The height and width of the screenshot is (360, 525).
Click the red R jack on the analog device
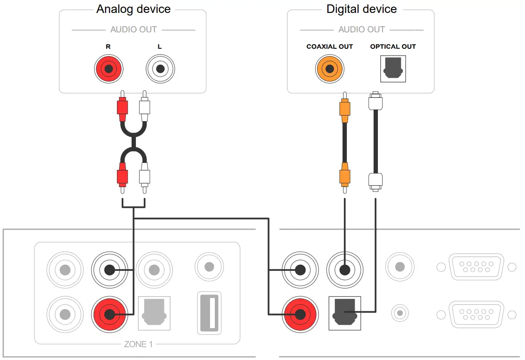pyautogui.click(x=109, y=69)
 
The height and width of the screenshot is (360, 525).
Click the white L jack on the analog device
pyautogui.click(x=160, y=69)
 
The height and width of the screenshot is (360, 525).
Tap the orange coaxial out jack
pyautogui.click(x=330, y=69)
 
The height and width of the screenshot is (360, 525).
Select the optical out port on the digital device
pyautogui.click(x=393, y=69)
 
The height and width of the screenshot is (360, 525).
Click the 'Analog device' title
pyautogui.click(x=133, y=9)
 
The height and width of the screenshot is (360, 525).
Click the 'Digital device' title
pyautogui.click(x=362, y=9)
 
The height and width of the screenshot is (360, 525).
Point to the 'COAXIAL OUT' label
pyautogui.click(x=330, y=47)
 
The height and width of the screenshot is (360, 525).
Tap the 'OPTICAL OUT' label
pyautogui.click(x=393, y=47)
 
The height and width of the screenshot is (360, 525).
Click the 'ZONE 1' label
pyautogui.click(x=138, y=344)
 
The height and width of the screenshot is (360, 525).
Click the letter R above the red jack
pyautogui.click(x=108, y=47)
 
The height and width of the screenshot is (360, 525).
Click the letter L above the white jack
pyautogui.click(x=160, y=47)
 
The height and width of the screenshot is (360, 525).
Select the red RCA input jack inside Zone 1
pyautogui.click(x=110, y=314)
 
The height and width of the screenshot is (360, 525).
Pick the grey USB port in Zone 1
pyautogui.click(x=209, y=313)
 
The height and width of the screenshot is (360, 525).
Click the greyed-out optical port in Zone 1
pyautogui.click(x=154, y=313)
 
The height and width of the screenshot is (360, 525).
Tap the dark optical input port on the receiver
pyautogui.click(x=345, y=313)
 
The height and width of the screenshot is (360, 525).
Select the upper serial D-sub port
pyautogui.click(x=477, y=267)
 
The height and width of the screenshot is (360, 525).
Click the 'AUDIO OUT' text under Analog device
pyautogui.click(x=134, y=29)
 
